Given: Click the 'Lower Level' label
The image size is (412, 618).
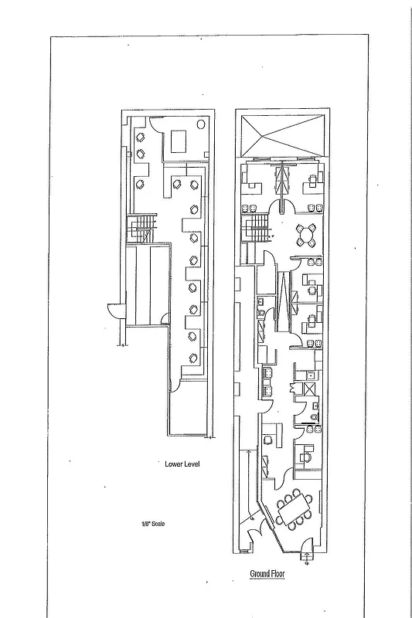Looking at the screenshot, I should pos(184,464).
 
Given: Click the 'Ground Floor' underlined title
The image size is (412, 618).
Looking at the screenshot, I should pos(268,574).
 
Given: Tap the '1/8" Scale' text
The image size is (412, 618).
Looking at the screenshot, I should pos(152,523).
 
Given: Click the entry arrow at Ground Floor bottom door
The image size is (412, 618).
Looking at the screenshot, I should pos(307,561).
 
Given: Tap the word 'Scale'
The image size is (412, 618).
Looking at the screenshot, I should pos(158,523).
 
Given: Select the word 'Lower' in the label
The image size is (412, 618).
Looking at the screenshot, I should pos(174,464).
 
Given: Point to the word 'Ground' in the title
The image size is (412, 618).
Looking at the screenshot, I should pos(260,574).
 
